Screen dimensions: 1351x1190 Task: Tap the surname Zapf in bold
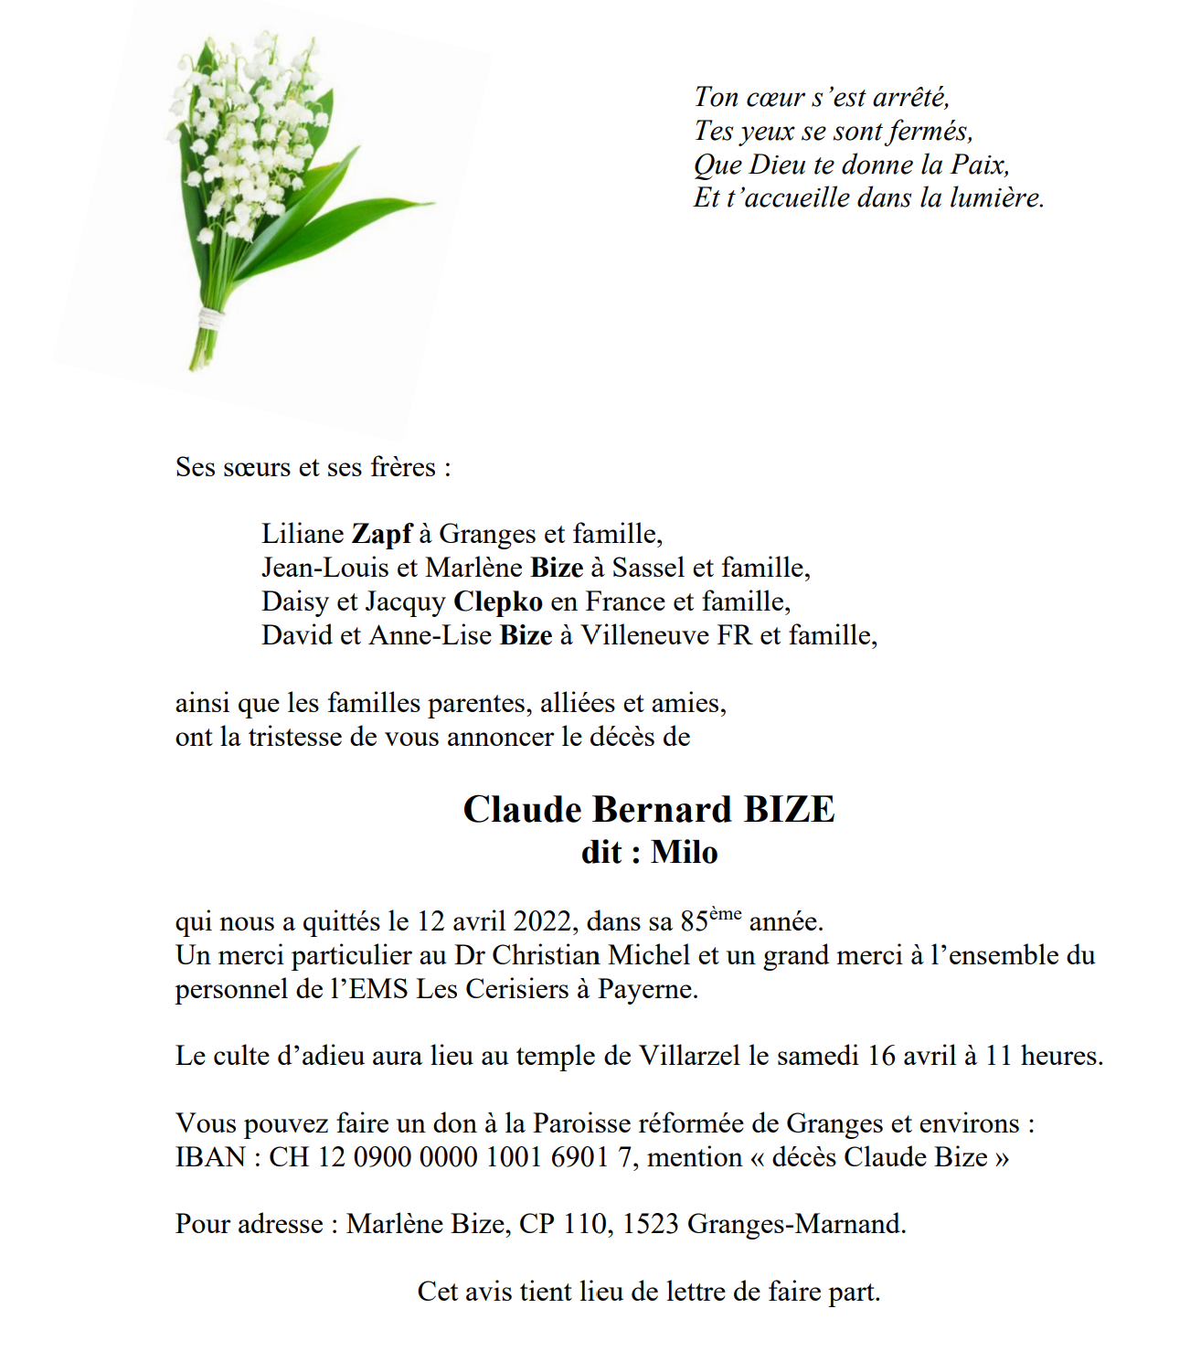click(x=382, y=534)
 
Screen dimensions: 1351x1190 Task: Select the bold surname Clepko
click(x=498, y=601)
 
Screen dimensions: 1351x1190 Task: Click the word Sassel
click(x=648, y=568)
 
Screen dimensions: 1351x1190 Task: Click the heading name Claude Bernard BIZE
click(x=649, y=810)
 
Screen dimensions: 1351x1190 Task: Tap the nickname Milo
click(x=685, y=853)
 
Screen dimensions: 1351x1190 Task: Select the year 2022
click(x=545, y=921)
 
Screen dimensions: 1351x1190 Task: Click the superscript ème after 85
click(x=725, y=913)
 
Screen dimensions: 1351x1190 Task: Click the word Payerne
click(x=647, y=989)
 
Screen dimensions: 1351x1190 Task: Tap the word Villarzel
click(x=689, y=1057)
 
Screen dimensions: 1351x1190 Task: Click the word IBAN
click(x=210, y=1157)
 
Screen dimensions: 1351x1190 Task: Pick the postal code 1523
click(x=650, y=1224)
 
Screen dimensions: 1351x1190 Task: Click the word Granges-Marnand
click(x=796, y=1224)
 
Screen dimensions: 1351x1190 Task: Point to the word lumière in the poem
click(x=996, y=198)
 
